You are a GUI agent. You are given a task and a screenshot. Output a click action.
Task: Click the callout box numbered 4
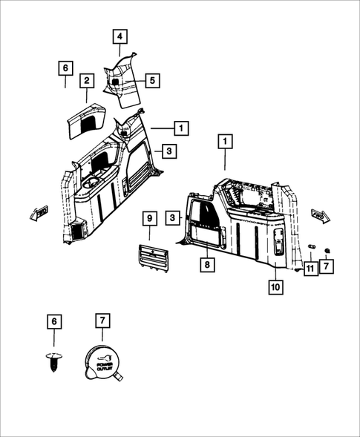click(120, 36)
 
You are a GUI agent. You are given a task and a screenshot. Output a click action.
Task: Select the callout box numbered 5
click(152, 81)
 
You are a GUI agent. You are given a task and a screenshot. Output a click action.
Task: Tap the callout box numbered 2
click(87, 81)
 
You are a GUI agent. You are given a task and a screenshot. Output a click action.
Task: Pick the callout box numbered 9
click(150, 218)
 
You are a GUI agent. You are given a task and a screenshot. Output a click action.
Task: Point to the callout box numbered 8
click(207, 264)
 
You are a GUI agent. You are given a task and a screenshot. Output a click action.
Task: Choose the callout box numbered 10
click(276, 287)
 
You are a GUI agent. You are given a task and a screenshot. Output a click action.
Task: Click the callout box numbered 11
click(310, 269)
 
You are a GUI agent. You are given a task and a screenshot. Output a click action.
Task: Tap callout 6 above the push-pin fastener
click(54, 321)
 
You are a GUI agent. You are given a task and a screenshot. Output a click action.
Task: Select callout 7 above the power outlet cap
click(102, 321)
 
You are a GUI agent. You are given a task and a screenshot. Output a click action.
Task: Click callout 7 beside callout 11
click(327, 266)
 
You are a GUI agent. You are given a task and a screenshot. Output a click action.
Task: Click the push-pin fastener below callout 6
click(54, 361)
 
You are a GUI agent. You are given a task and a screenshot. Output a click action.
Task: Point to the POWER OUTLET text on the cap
click(105, 366)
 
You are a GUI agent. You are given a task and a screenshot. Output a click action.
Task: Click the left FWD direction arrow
click(39, 213)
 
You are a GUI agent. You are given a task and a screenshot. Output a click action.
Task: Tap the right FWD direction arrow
click(321, 216)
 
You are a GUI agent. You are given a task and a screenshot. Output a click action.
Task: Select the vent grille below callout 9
click(153, 258)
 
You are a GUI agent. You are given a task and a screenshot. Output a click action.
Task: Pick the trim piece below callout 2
click(87, 120)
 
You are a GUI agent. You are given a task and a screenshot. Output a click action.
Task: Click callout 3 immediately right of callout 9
click(173, 217)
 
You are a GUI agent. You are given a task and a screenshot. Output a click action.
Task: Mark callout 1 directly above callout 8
click(225, 142)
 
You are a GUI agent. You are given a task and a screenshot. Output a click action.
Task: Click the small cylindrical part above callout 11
click(311, 246)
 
